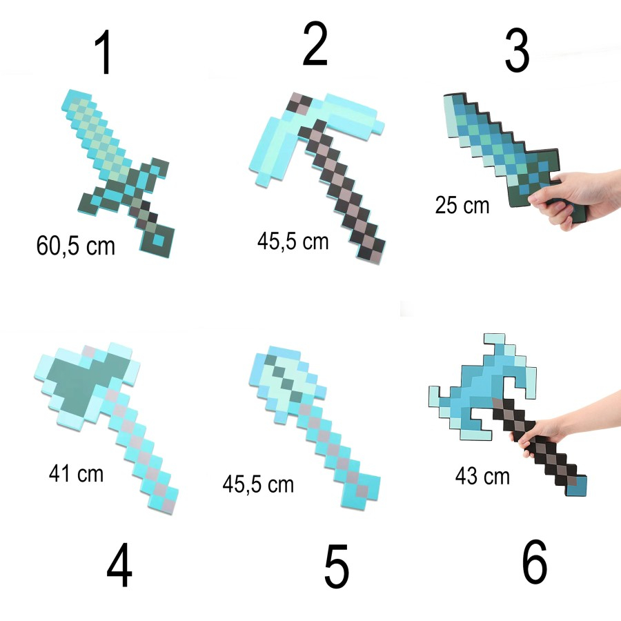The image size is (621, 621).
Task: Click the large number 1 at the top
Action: coord(104,53)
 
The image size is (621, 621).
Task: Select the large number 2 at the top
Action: coord(315,45)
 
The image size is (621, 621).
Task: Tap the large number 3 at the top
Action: coord(517,50)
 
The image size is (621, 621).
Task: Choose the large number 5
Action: coord(336,567)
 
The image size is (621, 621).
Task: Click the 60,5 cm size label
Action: coord(76,246)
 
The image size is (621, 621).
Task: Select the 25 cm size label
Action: coord(462,205)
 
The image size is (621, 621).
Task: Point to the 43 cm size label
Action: coord(482,475)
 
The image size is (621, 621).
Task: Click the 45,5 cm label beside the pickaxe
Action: coord(293,241)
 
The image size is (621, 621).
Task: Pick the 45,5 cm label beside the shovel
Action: coord(258,484)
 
